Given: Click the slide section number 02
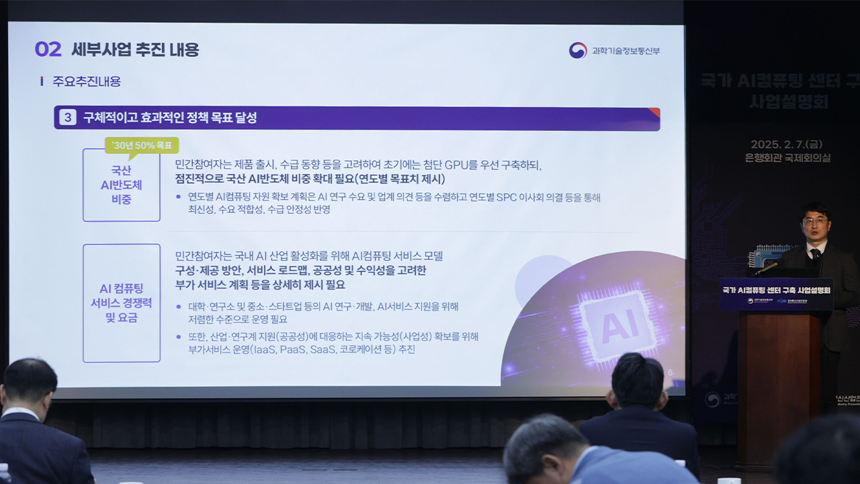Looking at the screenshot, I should (x=48, y=49).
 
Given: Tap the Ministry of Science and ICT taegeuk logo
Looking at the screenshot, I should (x=578, y=50).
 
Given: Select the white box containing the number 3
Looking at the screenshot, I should (x=67, y=118).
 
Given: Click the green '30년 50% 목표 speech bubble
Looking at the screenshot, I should (x=142, y=145).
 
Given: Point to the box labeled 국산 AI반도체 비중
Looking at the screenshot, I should (x=122, y=185).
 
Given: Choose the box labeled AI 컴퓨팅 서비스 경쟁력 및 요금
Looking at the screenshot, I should (x=122, y=303).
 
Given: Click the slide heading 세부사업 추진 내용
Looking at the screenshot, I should (x=135, y=49).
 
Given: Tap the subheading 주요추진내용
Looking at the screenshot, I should (x=87, y=81).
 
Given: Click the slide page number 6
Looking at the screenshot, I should (x=670, y=372).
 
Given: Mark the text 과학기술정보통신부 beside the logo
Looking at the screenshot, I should (x=626, y=50).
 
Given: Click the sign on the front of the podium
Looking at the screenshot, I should (x=776, y=294).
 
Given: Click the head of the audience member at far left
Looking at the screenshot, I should (x=29, y=384).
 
